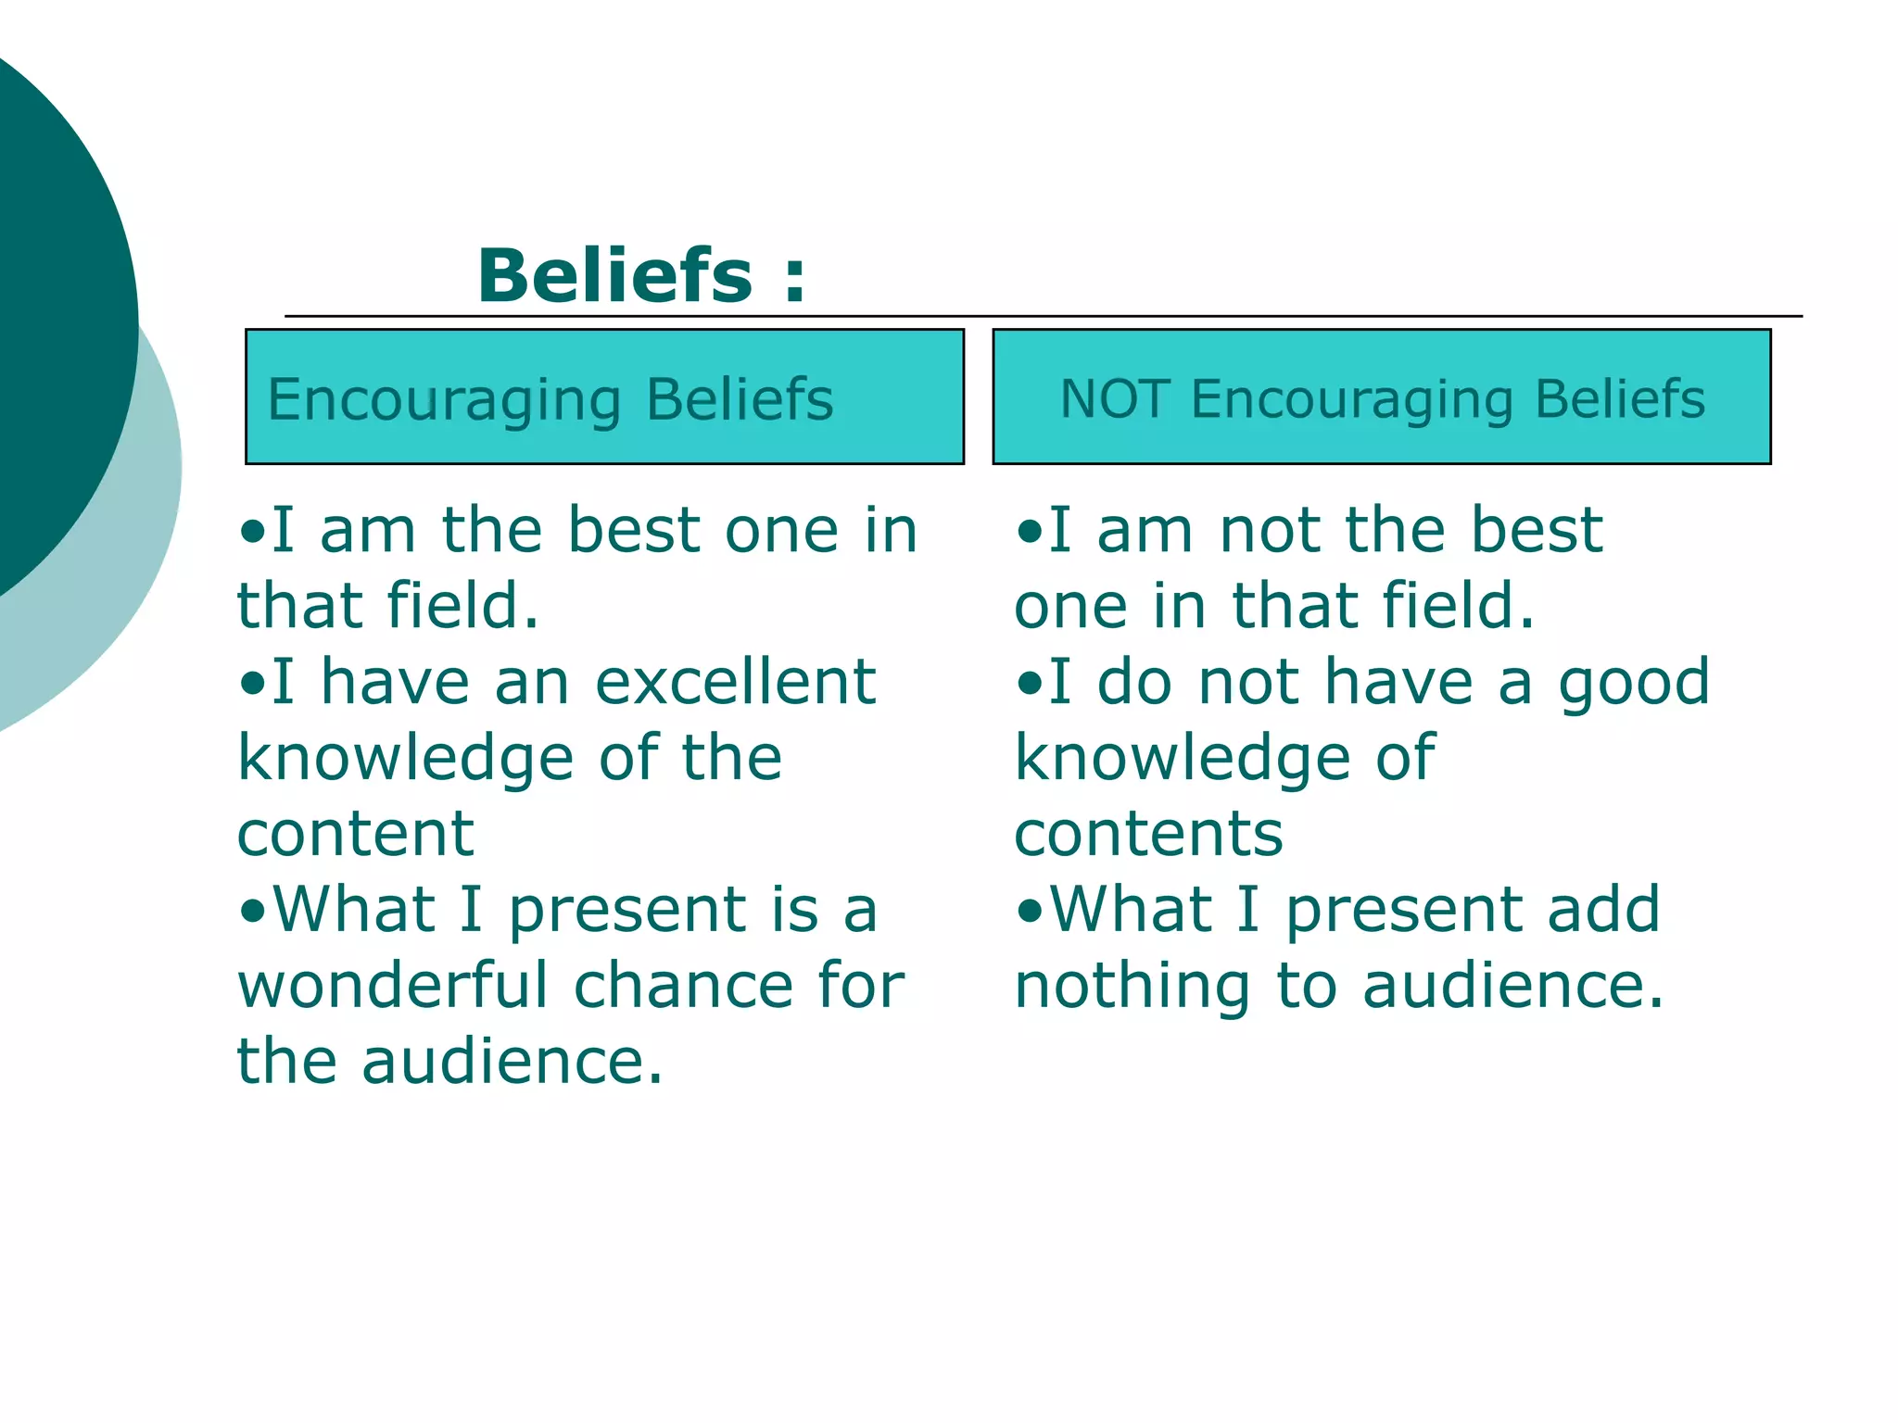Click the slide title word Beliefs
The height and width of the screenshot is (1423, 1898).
(x=614, y=276)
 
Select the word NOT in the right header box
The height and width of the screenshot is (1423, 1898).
(x=1115, y=399)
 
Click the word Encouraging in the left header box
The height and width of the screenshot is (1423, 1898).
(x=444, y=401)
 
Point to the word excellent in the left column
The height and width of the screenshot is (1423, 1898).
(x=735, y=682)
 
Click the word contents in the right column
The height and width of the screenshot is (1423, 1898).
(x=1148, y=834)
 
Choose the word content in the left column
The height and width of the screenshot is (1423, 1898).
(x=356, y=834)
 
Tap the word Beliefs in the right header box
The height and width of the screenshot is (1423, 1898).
(x=1619, y=399)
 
